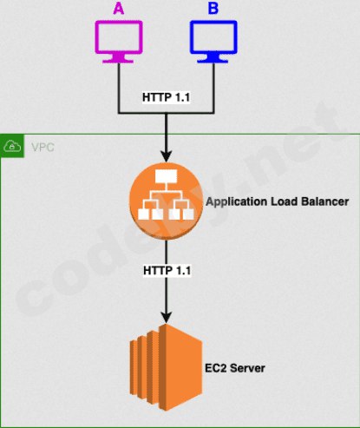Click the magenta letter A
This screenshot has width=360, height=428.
point(119,8)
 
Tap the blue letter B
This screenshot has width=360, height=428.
point(213,8)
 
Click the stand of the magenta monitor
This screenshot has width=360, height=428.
point(119,59)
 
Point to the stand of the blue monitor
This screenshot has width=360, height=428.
point(213,59)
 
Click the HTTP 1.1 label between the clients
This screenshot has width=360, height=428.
point(166,97)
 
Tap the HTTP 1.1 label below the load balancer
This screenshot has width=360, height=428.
point(167,271)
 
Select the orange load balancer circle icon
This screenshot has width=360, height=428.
point(166,201)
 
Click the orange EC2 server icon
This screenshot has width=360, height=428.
point(166,367)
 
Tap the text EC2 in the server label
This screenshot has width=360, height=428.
point(215,368)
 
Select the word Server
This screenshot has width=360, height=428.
point(247,368)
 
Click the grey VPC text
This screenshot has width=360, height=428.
point(43,148)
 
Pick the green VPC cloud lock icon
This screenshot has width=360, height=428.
point(12,146)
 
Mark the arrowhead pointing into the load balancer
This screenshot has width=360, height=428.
point(167,156)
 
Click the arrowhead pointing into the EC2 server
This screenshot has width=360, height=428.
point(167,318)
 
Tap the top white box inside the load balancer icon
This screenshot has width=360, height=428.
point(166,176)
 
